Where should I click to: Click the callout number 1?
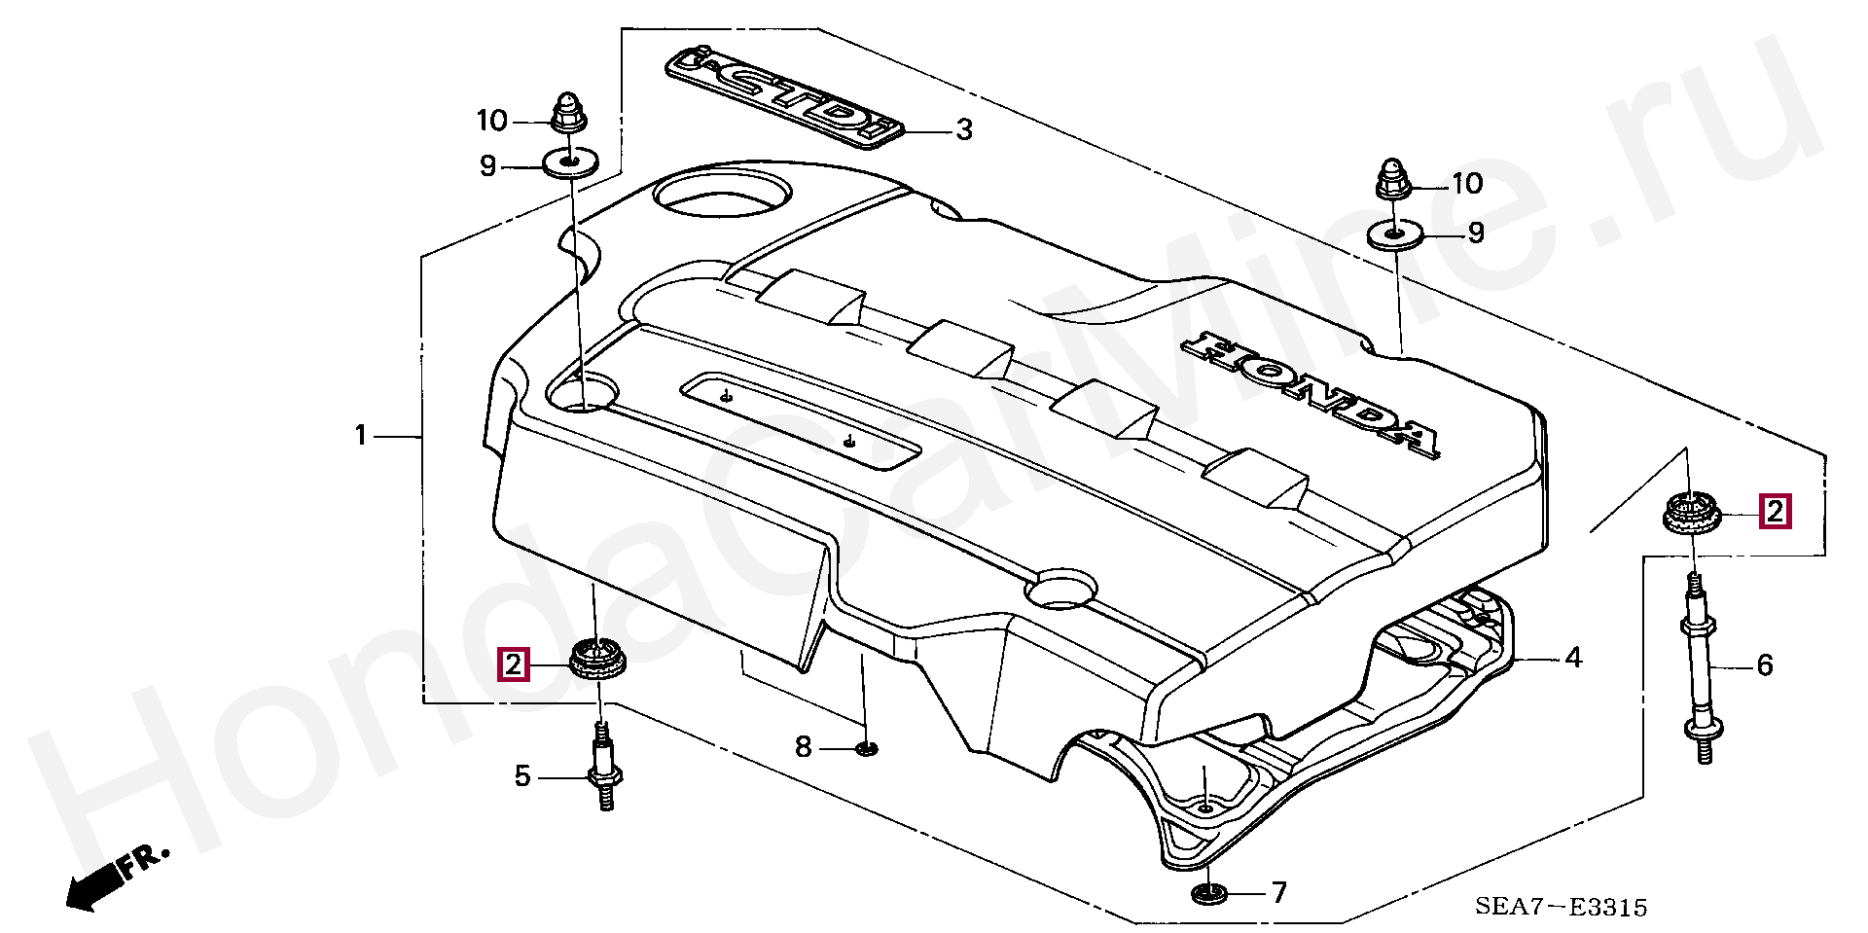click(361, 436)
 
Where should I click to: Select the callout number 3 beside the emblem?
click(963, 129)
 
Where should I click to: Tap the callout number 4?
click(1573, 659)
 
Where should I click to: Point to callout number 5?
click(522, 776)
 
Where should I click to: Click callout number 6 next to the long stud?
click(1764, 665)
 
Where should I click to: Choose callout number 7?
click(1278, 892)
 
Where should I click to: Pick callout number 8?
click(803, 747)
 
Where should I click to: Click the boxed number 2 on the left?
click(513, 664)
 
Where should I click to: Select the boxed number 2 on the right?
click(1775, 511)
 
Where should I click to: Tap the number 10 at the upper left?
click(492, 121)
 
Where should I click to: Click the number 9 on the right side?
click(1476, 233)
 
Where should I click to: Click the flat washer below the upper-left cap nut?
click(569, 161)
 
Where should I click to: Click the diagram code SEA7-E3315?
click(1561, 908)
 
